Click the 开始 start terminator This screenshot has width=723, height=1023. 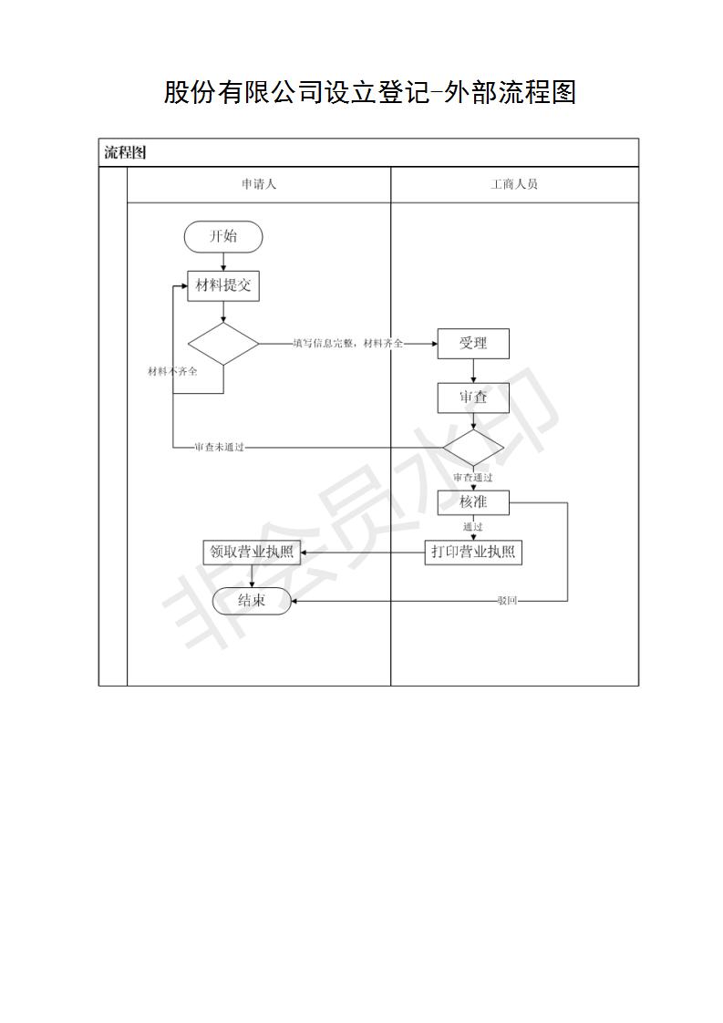click(x=223, y=236)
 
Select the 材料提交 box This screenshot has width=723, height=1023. click(x=223, y=285)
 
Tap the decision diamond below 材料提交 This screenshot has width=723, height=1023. click(x=223, y=344)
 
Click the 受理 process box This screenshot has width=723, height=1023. click(x=473, y=343)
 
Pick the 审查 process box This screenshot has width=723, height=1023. click(x=473, y=398)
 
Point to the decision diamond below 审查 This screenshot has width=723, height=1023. click(x=473, y=449)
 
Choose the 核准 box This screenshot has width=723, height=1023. click(x=473, y=502)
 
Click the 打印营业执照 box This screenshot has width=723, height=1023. click(x=473, y=553)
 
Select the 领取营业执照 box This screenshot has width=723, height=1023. click(x=252, y=553)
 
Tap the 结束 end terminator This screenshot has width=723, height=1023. click(x=252, y=600)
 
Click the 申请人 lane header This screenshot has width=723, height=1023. click(x=259, y=185)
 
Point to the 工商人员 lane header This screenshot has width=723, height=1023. click(x=514, y=185)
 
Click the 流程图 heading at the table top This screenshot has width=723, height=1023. click(x=125, y=152)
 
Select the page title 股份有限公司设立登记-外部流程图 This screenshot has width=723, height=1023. click(x=369, y=92)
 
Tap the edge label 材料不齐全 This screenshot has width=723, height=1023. click(x=172, y=371)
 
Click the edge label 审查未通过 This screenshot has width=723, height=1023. click(x=219, y=448)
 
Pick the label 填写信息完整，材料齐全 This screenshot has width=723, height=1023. click(x=347, y=343)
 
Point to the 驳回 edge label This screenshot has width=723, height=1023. click(x=507, y=601)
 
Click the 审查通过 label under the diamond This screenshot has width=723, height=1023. click(x=473, y=478)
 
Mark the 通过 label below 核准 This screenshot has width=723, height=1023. click(x=473, y=527)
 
